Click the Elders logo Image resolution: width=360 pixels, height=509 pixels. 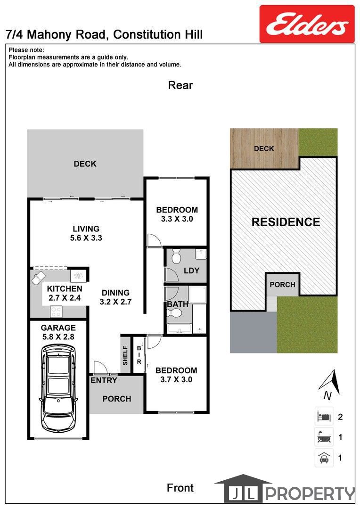pos(307,24)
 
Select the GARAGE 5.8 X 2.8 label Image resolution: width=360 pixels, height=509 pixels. pos(58,332)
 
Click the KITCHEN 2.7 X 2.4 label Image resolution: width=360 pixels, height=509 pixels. pos(65,293)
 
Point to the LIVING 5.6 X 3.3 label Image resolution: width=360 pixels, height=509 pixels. pos(86,233)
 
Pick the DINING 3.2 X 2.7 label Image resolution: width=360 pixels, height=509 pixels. pos(115,297)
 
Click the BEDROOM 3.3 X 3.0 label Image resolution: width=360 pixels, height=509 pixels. pos(177,214)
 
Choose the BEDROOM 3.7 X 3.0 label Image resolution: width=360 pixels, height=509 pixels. pos(176,375)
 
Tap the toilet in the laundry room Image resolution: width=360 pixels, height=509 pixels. pos(176,256)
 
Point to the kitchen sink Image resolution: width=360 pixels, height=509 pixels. pos(38,278)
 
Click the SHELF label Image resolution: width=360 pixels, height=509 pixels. pos(125,355)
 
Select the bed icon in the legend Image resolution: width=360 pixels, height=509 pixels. pos(324,416)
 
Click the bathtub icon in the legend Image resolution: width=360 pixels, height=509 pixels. pos(324,437)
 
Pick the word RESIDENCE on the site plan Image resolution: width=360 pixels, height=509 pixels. pos(286,222)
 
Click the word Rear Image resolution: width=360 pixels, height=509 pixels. pos(180,85)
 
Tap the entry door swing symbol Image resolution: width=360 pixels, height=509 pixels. pos(100,368)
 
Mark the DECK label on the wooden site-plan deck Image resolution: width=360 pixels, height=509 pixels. pos(264,148)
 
